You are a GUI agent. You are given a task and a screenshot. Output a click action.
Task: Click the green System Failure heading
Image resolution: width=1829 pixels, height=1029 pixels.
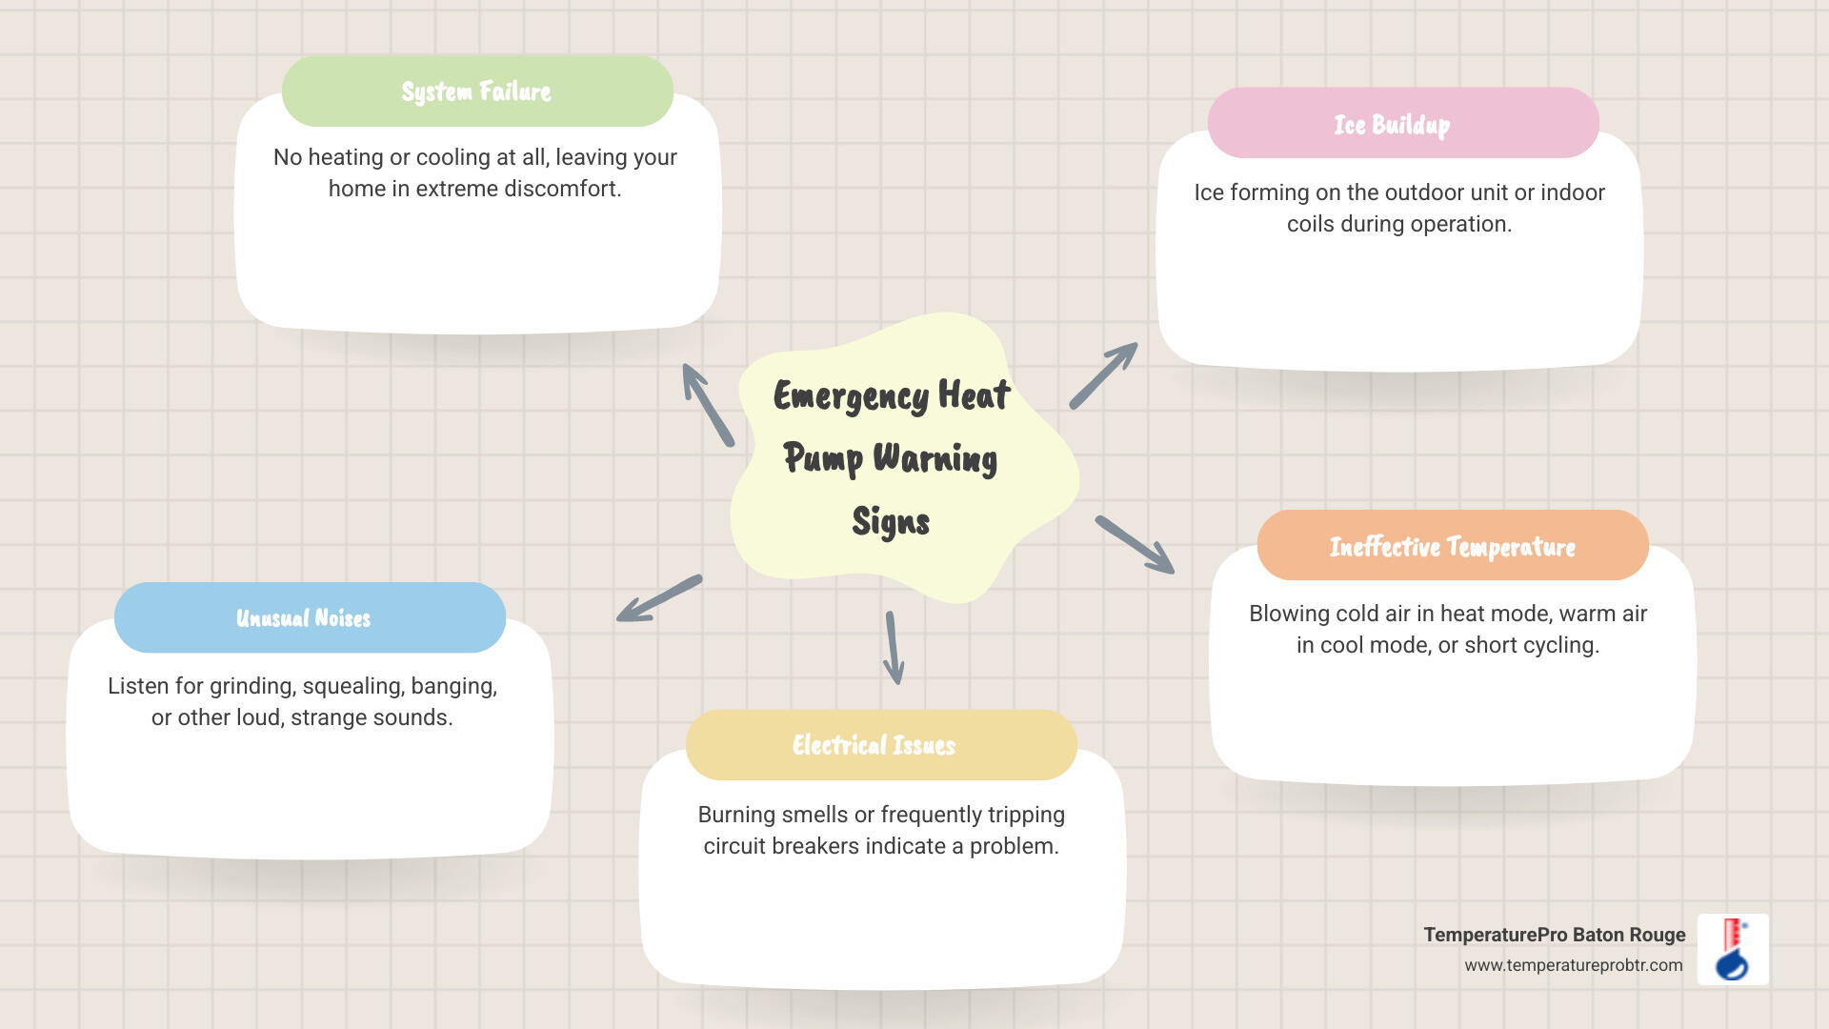tap(476, 91)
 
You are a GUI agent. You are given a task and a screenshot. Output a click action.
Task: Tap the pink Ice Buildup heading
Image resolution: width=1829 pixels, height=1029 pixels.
tap(1392, 125)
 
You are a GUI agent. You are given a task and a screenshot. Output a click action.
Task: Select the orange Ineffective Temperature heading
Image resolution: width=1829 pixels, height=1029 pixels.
tap(1452, 546)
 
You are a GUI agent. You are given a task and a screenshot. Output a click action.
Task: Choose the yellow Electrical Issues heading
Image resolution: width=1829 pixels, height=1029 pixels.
tap(874, 745)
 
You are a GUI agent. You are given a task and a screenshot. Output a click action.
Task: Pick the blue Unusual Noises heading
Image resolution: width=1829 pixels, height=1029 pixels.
tap(303, 618)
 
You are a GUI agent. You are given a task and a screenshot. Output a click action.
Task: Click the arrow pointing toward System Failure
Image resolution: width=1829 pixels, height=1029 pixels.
tap(708, 405)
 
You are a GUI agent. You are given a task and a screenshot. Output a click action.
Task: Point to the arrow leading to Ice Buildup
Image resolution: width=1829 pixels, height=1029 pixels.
tap(1103, 376)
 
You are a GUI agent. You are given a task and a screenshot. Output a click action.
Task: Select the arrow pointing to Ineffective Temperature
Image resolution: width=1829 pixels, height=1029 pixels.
tap(1135, 545)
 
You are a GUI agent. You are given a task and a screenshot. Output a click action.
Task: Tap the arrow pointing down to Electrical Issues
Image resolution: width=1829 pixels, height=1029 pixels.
tap(893, 648)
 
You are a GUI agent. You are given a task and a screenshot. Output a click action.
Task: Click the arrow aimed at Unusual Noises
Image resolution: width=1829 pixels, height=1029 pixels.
tap(659, 599)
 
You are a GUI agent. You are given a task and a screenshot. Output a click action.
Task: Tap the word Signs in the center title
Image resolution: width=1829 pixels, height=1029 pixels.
tap(891, 522)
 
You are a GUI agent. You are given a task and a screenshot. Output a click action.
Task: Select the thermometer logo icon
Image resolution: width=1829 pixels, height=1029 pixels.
tap(1733, 949)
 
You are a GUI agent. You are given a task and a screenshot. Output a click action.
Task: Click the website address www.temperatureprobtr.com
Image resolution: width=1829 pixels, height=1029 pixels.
tap(1573, 965)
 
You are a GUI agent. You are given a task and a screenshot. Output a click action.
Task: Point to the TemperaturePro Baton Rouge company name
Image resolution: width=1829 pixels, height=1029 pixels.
tap(1554, 935)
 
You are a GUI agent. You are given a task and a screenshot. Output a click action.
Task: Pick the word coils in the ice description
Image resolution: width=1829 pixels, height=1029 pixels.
tap(1310, 224)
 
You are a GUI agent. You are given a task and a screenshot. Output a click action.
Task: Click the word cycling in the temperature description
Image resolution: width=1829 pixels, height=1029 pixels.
tap(1564, 645)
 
